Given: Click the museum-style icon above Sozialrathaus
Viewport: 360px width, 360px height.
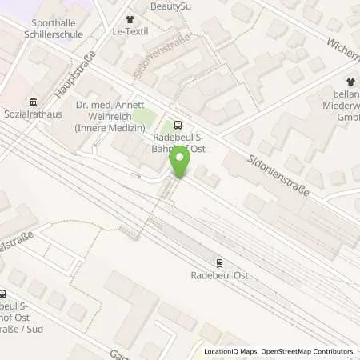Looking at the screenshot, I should pyautogui.click(x=32, y=102).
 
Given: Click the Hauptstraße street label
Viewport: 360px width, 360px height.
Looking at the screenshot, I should pyautogui.click(x=76, y=74).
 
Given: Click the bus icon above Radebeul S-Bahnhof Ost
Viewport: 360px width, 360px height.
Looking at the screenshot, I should pyautogui.click(x=177, y=124).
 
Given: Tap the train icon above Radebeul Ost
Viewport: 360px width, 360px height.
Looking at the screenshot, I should pyautogui.click(x=219, y=262).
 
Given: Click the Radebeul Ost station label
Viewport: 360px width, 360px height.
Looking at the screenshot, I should pyautogui.click(x=219, y=275).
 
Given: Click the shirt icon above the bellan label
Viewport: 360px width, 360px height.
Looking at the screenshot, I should pyautogui.click(x=350, y=82).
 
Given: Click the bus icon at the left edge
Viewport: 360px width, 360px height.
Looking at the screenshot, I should pyautogui.click(x=2, y=293).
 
